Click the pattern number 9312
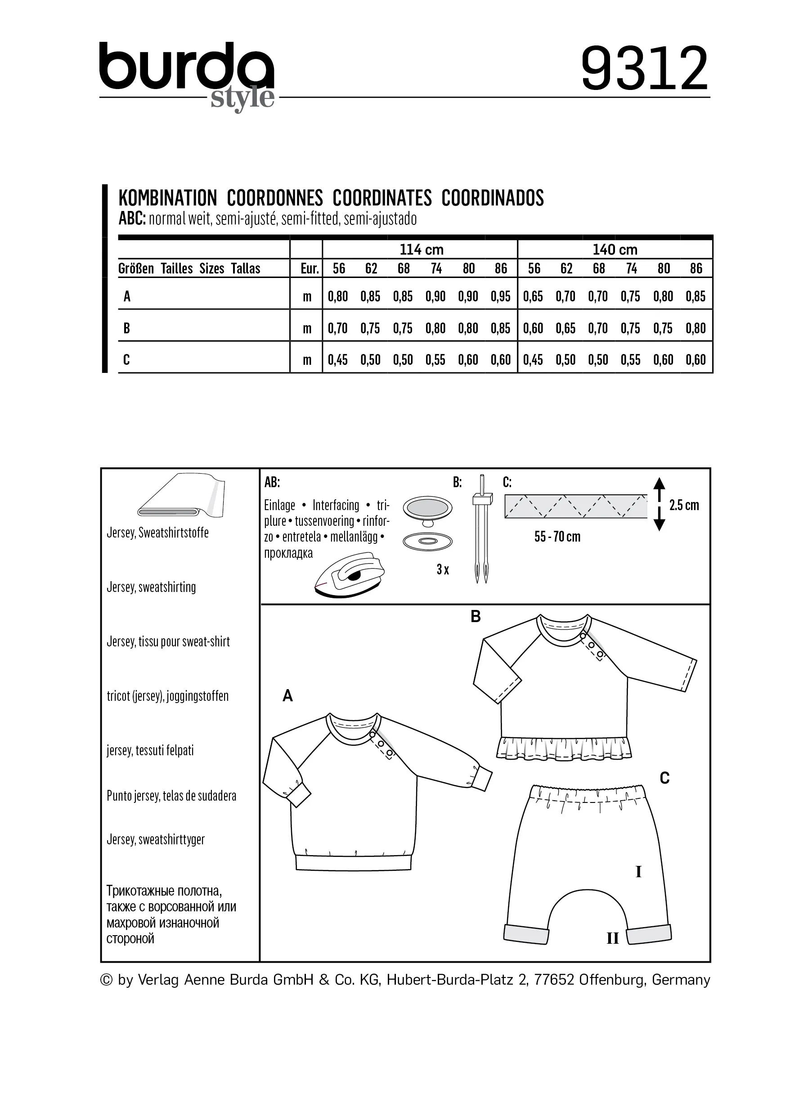[x=644, y=69]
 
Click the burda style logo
[x=187, y=74]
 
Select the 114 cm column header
[x=421, y=250]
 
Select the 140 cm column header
[x=615, y=250]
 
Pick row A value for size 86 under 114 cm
[x=500, y=296]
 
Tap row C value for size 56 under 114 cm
[x=337, y=360]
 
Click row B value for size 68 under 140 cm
[x=598, y=328]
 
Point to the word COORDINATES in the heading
[x=382, y=198]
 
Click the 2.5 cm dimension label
[x=684, y=505]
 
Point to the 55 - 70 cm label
[x=557, y=537]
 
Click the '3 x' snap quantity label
[x=442, y=570]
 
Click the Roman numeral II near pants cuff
[x=612, y=938]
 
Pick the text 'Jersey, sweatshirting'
[x=151, y=587]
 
